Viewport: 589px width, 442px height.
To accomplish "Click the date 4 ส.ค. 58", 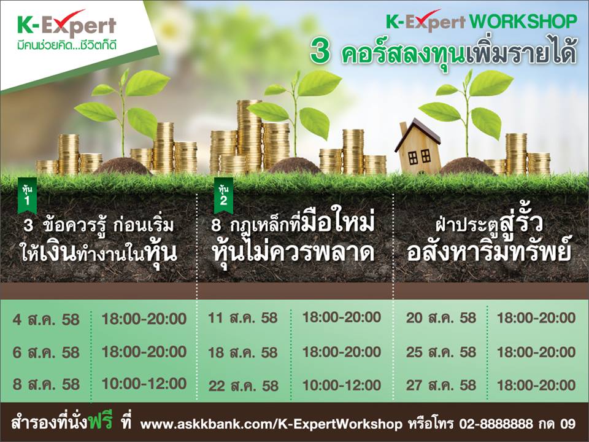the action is (46, 320).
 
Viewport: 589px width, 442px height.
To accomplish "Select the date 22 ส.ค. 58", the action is (244, 386).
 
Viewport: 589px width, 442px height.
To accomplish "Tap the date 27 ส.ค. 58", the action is (441, 386).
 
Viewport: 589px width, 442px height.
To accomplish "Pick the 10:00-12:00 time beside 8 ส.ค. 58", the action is (144, 384).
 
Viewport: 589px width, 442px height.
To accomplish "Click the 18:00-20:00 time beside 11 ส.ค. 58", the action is (342, 317).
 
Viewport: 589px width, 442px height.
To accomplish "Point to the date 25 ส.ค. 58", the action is (441, 352).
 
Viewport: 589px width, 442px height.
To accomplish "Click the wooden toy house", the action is (418, 147).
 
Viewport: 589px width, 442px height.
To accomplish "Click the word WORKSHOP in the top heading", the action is (523, 21).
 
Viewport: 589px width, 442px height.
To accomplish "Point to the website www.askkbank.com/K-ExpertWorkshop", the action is (271, 424).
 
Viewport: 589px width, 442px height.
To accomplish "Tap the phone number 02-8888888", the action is (496, 424).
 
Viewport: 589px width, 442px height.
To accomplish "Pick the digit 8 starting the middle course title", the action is (216, 225).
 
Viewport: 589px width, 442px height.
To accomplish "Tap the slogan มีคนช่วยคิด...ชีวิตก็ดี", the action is (67, 45).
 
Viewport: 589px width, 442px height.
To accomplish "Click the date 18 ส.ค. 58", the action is (244, 352).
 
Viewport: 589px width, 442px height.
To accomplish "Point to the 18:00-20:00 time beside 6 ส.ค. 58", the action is (144, 352).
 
